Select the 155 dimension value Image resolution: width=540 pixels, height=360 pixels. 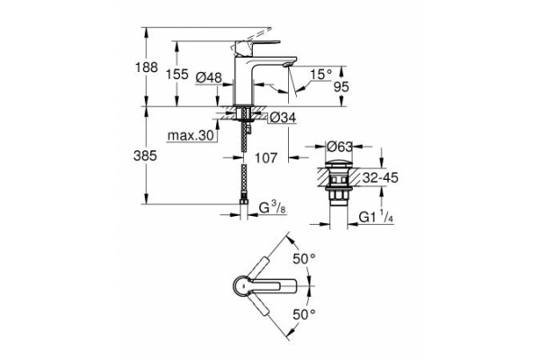tap(178, 76)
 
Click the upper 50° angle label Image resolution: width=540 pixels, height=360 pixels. tap(306, 259)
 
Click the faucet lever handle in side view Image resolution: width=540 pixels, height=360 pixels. tap(257, 41)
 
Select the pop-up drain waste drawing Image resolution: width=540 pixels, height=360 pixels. tap(339, 184)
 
